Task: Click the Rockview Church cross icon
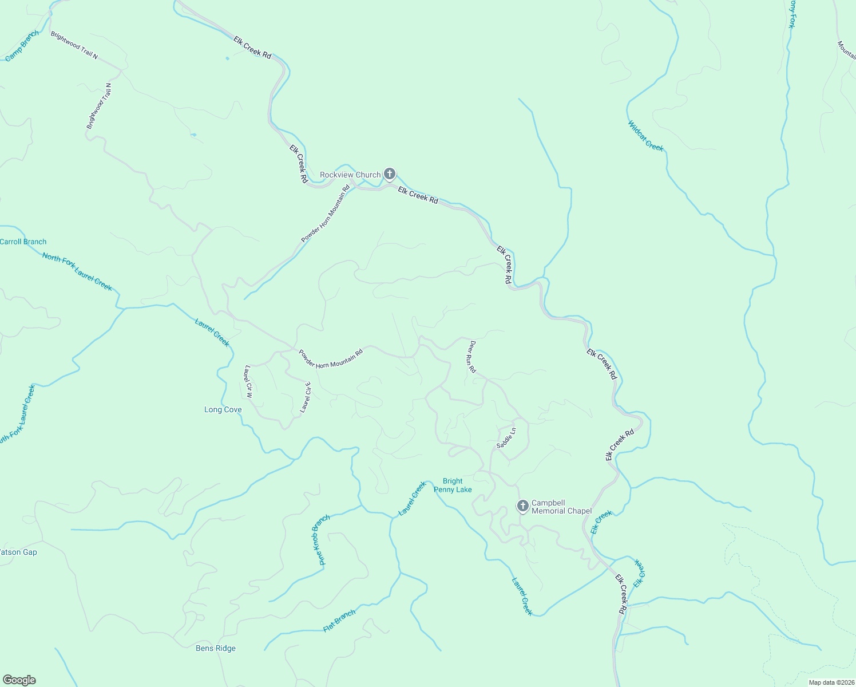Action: [390, 173]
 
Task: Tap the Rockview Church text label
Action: [350, 175]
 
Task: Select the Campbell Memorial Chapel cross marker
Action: [522, 506]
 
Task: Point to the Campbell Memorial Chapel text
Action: [561, 507]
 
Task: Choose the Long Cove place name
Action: [223, 409]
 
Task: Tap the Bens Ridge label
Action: [216, 648]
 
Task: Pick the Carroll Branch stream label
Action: [23, 242]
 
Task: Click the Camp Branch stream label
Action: [22, 46]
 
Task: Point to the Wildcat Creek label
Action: [645, 136]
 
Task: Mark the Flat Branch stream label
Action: [339, 621]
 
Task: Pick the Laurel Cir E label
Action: [306, 397]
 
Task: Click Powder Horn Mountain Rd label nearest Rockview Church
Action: [326, 214]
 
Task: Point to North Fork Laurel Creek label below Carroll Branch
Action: [77, 271]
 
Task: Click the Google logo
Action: [19, 680]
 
